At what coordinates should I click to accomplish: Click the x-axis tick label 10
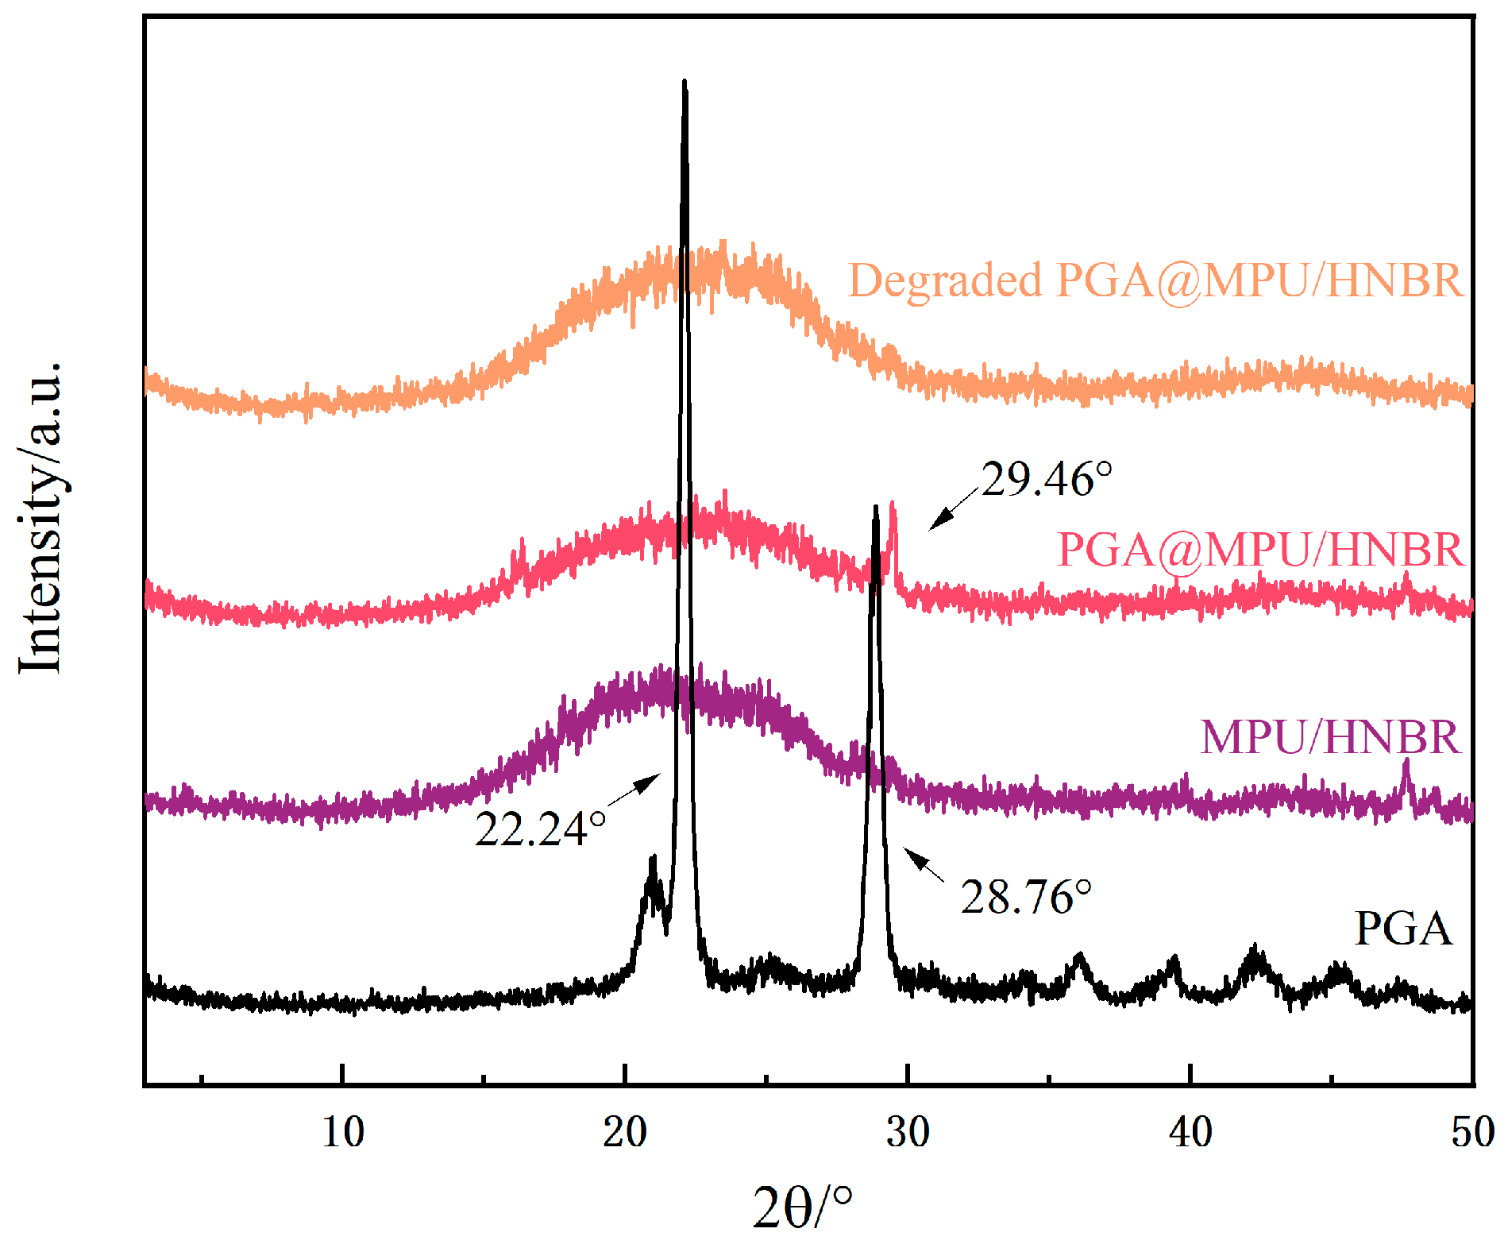click(343, 1132)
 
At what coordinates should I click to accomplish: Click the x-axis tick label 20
click(625, 1132)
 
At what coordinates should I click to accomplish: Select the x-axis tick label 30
click(908, 1132)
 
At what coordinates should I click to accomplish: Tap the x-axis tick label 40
click(1190, 1132)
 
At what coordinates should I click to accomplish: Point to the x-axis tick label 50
click(1471, 1132)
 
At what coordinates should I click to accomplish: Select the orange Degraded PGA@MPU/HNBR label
click(1155, 280)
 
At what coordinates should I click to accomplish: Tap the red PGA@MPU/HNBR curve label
click(1259, 550)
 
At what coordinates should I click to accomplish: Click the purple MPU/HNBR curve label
click(1329, 737)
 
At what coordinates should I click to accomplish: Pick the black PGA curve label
click(1402, 928)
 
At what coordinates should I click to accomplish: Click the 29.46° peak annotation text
click(1046, 480)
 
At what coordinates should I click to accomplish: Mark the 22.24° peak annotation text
click(540, 829)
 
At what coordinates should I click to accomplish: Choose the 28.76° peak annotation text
click(1025, 898)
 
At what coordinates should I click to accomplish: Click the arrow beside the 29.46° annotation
click(952, 509)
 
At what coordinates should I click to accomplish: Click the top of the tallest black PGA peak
click(685, 81)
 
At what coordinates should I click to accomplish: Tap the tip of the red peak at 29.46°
click(893, 504)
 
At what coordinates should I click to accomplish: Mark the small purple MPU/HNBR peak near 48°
click(1406, 763)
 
